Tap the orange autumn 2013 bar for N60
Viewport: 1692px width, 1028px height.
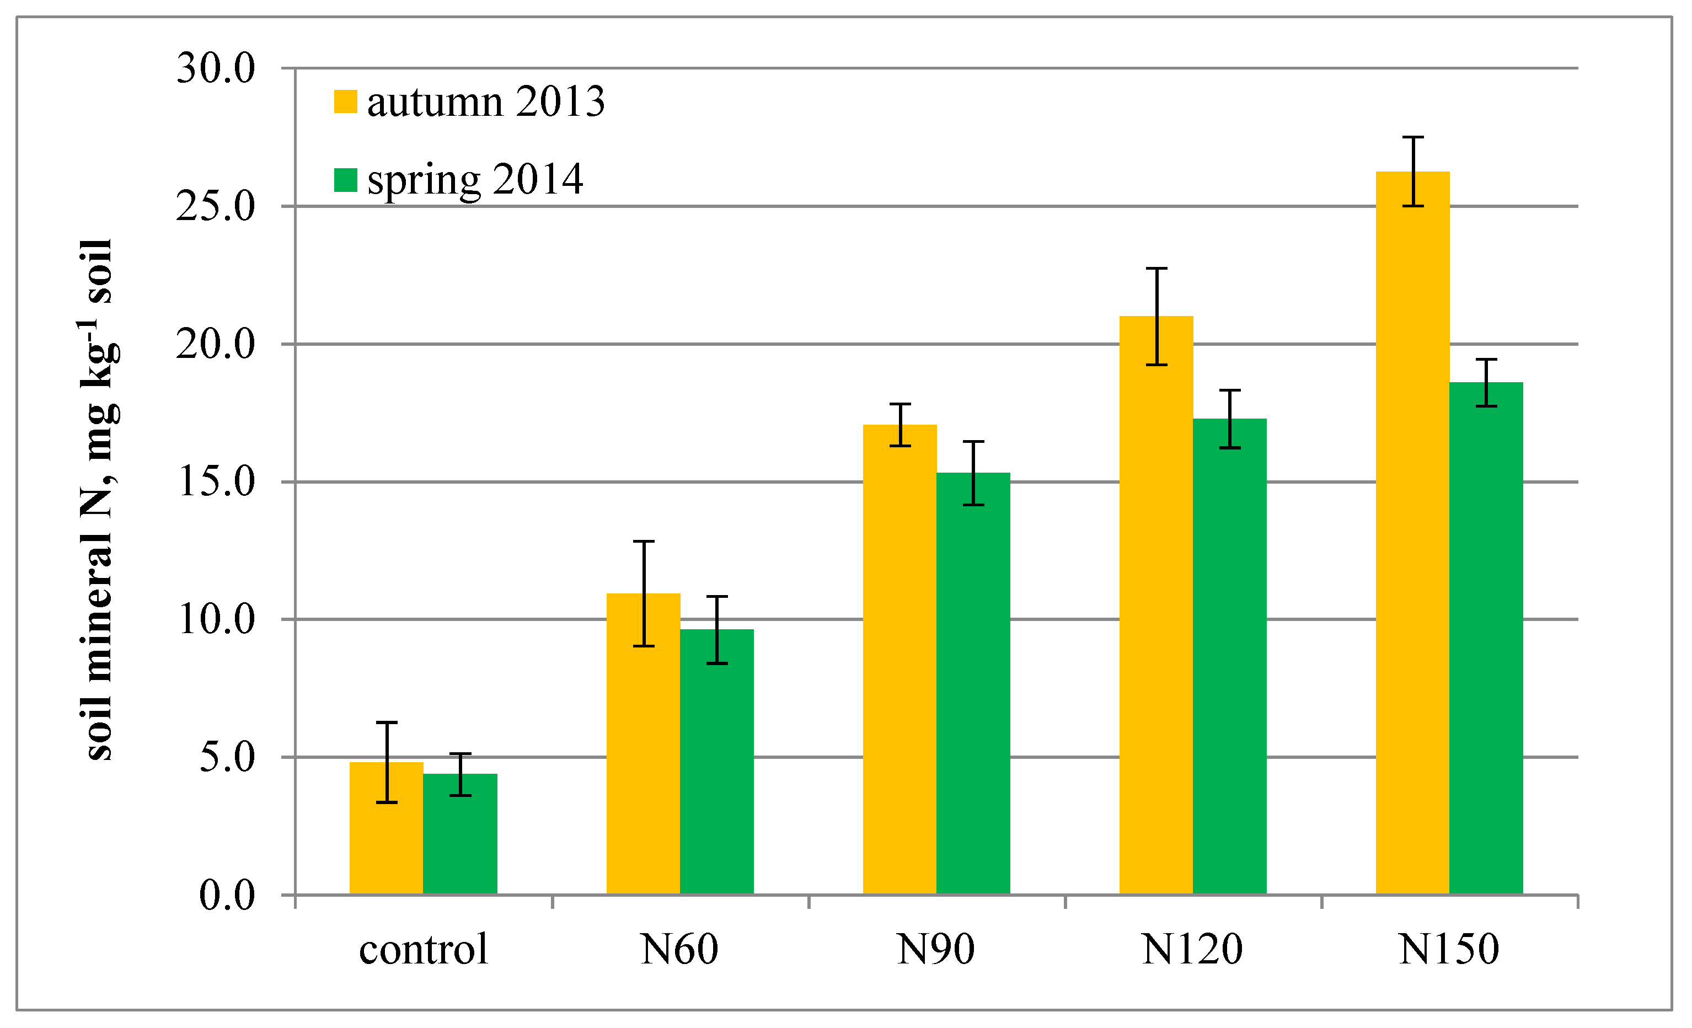(x=642, y=748)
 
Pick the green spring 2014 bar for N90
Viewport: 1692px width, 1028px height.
(x=973, y=687)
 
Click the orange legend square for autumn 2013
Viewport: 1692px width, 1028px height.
(x=345, y=101)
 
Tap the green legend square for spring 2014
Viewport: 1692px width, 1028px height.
(x=345, y=180)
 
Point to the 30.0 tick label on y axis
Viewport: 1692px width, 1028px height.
(x=216, y=69)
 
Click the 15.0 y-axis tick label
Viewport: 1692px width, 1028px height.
(x=216, y=482)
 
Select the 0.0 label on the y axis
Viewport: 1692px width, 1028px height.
(x=227, y=896)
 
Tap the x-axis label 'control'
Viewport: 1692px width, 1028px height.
(x=423, y=950)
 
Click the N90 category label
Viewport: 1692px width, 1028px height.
(x=935, y=950)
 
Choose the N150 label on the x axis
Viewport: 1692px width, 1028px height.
(x=1449, y=950)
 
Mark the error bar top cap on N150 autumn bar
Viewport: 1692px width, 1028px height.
(x=1412, y=137)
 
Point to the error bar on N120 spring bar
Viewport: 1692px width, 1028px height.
(x=1229, y=419)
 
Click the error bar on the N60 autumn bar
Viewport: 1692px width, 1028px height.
(x=644, y=594)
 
